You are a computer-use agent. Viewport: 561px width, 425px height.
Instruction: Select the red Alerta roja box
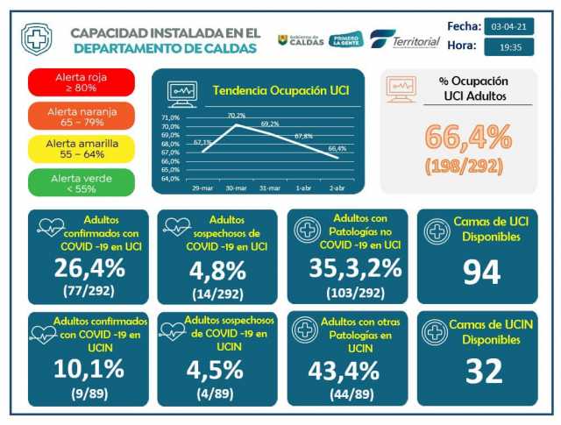[x=82, y=82]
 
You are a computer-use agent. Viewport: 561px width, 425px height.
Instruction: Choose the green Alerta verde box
[x=82, y=182]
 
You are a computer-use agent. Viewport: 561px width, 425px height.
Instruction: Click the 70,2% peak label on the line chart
[x=237, y=116]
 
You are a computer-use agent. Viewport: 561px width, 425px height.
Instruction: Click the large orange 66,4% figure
[x=468, y=137]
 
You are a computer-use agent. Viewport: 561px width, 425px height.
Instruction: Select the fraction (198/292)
[x=468, y=165]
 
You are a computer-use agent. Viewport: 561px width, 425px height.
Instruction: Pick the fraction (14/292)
[x=217, y=294]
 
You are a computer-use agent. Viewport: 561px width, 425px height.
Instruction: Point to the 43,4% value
[x=344, y=370]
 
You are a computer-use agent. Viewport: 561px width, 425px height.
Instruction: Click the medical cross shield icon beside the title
[x=36, y=39]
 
